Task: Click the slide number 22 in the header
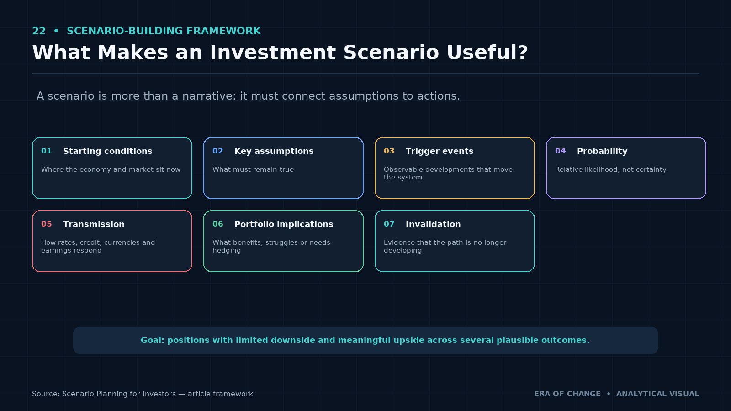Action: pos(39,31)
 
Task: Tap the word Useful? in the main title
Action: pos(487,53)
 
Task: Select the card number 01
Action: pos(46,151)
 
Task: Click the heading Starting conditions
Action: pos(108,151)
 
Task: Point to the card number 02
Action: pos(217,151)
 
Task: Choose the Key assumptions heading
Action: pos(274,151)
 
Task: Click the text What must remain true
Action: pos(253,169)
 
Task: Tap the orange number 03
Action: pos(389,151)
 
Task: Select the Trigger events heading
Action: pos(440,151)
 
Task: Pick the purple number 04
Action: pos(560,151)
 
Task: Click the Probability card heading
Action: pos(602,151)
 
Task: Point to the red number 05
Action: pos(46,224)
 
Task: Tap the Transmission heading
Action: pos(94,224)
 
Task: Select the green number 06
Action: pos(217,224)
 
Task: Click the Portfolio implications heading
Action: pos(284,224)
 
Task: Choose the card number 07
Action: pos(389,224)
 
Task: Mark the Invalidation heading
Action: pos(433,224)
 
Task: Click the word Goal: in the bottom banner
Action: pos(153,340)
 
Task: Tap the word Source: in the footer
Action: pos(46,394)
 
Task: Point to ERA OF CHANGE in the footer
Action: pos(567,394)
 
